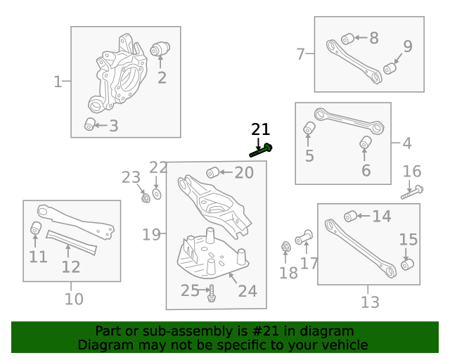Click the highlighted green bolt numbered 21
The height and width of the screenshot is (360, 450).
click(261, 149)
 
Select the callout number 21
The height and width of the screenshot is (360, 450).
click(260, 129)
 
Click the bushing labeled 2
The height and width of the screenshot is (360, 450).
click(161, 49)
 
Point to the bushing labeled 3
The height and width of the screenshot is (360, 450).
click(89, 124)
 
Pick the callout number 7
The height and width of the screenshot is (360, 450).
click(300, 53)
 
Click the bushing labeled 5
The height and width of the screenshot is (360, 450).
click(309, 129)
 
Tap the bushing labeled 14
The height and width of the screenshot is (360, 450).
click(350, 216)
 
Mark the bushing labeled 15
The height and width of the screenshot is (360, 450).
click(406, 264)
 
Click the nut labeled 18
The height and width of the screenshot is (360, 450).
click(286, 247)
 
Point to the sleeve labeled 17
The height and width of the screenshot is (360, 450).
click(304, 237)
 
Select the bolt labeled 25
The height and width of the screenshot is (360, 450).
click(210, 292)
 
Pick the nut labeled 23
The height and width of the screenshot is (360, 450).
click(144, 198)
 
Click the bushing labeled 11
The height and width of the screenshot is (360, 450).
click(35, 229)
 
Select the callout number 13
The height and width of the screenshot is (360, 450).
click(370, 302)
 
